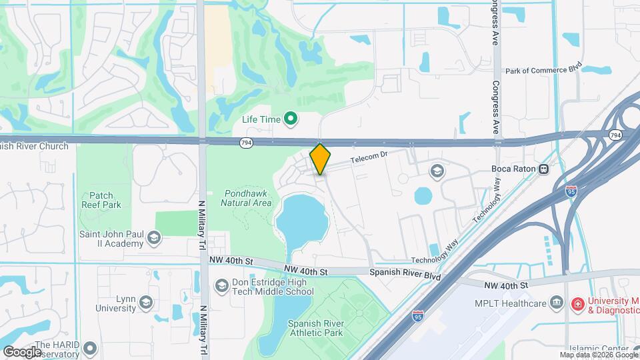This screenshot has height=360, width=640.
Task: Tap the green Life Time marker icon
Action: [x=291, y=119]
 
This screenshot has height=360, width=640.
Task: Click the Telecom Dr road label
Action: [x=369, y=159]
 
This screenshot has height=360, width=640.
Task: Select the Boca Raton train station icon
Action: [x=545, y=169]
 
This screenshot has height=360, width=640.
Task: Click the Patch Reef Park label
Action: [x=101, y=200]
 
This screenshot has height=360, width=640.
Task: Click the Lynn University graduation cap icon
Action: [x=145, y=303]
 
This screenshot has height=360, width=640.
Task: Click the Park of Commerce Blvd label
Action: [x=544, y=70]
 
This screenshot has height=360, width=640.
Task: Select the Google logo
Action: [x=21, y=352]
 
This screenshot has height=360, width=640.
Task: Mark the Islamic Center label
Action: [x=599, y=349]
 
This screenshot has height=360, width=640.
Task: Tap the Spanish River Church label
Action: [x=33, y=146]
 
